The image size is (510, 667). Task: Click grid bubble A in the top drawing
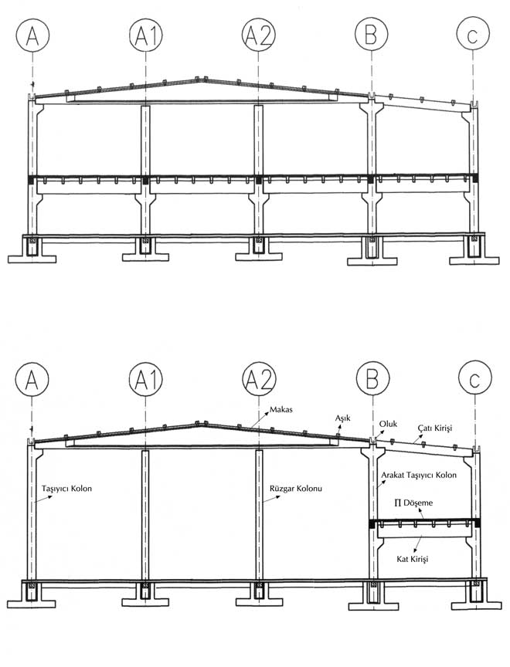point(32,35)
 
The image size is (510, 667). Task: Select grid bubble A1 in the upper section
point(146,35)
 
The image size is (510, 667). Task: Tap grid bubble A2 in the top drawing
point(259,35)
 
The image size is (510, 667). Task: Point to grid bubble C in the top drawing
point(473,35)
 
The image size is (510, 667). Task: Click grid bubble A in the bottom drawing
point(32,379)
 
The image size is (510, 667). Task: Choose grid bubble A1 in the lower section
point(146,379)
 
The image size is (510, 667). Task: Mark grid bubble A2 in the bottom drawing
point(260,379)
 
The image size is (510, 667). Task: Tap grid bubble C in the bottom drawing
point(475,379)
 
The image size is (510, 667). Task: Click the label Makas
point(281,410)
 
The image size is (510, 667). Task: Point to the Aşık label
point(342,418)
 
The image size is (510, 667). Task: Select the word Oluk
point(388,424)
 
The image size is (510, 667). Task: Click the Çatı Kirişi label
point(434,428)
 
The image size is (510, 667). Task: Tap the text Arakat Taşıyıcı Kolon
point(419,475)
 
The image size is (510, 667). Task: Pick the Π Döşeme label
point(413,503)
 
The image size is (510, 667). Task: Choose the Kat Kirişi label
point(412,559)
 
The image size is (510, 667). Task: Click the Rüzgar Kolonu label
point(296,489)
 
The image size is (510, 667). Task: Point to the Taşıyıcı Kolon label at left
point(66,489)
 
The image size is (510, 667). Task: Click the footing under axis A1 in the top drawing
point(145,251)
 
